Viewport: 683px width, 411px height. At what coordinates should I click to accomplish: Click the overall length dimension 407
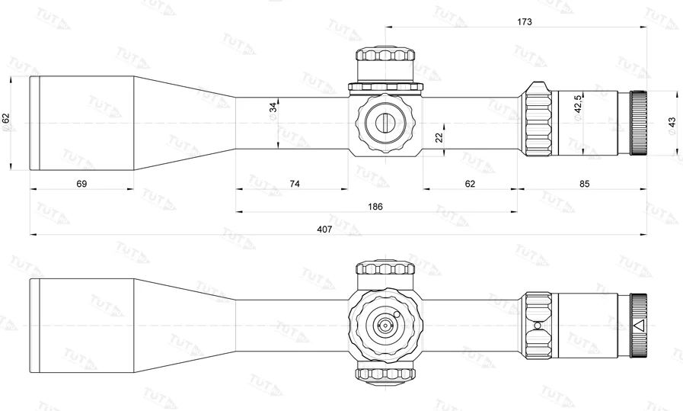pyautogui.click(x=324, y=229)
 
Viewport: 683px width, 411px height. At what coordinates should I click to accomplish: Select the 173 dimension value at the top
pyautogui.click(x=524, y=22)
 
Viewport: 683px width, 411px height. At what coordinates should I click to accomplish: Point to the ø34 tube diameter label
pyautogui.click(x=273, y=111)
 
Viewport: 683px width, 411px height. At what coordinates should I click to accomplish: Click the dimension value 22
pyautogui.click(x=439, y=136)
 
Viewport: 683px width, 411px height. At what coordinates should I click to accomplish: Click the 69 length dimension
pyautogui.click(x=82, y=184)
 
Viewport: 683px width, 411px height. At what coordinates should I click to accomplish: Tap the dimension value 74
pyautogui.click(x=295, y=184)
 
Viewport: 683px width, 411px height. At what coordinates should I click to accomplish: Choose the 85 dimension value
pyautogui.click(x=584, y=184)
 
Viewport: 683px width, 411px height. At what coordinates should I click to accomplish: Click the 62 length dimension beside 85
pyautogui.click(x=469, y=184)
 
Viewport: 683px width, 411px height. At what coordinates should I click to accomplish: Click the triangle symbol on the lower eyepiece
pyautogui.click(x=638, y=326)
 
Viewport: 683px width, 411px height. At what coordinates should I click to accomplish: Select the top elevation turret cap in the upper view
pyautogui.click(x=386, y=56)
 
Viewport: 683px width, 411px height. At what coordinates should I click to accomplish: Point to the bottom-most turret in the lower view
pyautogui.click(x=386, y=373)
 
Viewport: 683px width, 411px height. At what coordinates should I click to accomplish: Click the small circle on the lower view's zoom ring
pyautogui.click(x=538, y=326)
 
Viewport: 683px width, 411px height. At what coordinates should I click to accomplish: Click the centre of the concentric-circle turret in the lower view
pyautogui.click(x=385, y=326)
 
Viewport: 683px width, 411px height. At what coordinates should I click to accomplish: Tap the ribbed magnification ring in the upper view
pyautogui.click(x=538, y=122)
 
